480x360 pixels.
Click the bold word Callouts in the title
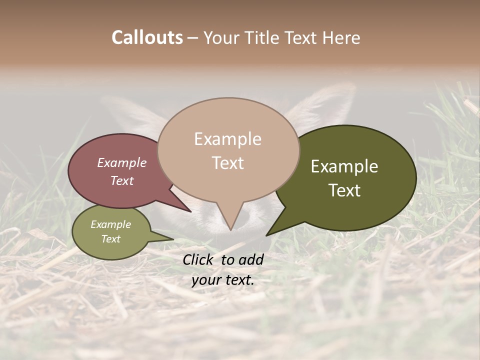tap(147, 37)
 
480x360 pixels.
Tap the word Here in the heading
tap(341, 37)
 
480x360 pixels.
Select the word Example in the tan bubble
tap(227, 139)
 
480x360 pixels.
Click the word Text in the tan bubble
tap(227, 162)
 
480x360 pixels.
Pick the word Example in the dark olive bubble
tap(344, 166)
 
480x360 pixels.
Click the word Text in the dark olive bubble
tap(344, 190)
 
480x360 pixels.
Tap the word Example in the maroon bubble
tap(122, 163)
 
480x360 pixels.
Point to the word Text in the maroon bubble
tap(122, 180)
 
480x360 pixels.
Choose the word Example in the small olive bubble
tap(111, 224)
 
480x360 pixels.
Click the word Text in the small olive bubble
tap(111, 239)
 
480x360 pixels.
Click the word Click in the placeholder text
tap(198, 259)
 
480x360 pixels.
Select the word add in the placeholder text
tap(251, 259)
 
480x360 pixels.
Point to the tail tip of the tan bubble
tap(230, 229)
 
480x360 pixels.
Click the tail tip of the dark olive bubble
tap(267, 235)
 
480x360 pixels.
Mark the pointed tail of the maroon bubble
tap(190, 211)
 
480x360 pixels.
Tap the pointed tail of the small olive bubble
tap(172, 239)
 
